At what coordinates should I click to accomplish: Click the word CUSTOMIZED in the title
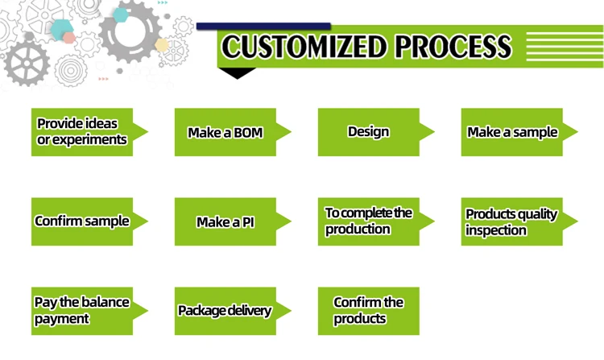(304, 47)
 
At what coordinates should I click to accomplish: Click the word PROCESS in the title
(453, 47)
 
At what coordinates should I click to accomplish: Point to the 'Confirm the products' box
(369, 311)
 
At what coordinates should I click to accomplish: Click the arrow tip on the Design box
(434, 132)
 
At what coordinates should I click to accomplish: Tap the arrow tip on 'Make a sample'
(577, 132)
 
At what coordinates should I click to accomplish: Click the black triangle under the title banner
(238, 72)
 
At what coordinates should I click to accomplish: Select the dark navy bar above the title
(263, 27)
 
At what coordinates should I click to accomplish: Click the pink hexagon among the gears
(69, 38)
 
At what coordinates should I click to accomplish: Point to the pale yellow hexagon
(162, 45)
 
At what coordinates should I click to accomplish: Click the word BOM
(249, 133)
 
